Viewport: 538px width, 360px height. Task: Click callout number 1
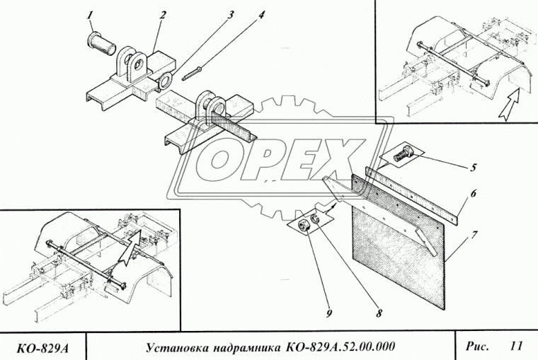click(x=90, y=14)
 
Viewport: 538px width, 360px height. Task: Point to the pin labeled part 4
click(x=193, y=72)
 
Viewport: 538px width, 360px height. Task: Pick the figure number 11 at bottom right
click(x=515, y=346)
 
